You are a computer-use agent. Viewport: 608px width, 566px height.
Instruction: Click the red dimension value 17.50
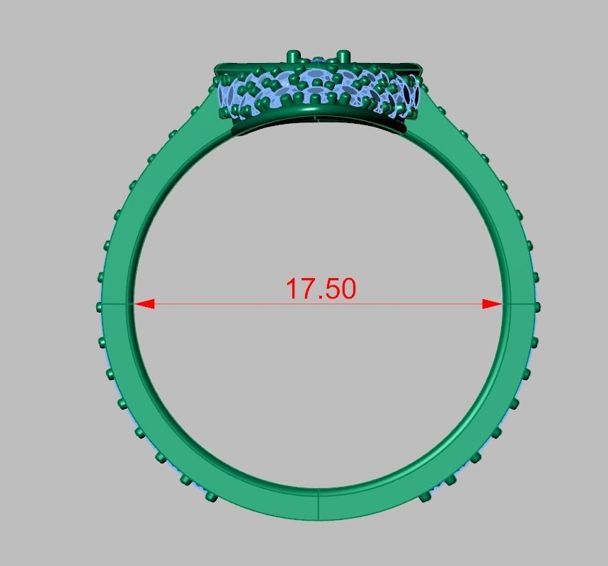321,289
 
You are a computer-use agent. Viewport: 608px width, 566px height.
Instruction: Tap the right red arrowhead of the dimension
493,304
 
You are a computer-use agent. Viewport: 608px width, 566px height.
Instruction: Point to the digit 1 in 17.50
292,289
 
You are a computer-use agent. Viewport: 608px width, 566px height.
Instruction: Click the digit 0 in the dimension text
348,289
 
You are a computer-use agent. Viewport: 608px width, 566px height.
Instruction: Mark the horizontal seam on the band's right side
519,305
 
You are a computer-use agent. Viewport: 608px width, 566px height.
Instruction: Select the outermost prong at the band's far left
100,306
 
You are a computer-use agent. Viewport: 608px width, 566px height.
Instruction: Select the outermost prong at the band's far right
537,306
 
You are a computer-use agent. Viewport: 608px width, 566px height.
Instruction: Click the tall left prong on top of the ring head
292,56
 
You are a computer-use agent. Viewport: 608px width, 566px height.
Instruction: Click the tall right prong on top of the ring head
343,56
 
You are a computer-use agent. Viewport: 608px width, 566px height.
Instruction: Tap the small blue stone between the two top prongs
319,60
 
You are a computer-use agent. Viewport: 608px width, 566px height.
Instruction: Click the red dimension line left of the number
212,304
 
